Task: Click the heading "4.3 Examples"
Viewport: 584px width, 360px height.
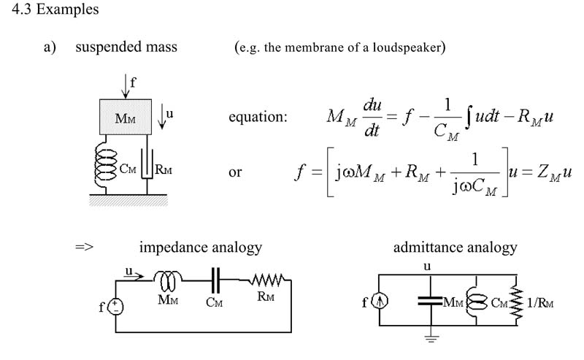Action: (x=55, y=9)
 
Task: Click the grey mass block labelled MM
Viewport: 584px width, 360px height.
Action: (x=126, y=117)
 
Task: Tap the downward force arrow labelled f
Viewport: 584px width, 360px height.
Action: (x=126, y=86)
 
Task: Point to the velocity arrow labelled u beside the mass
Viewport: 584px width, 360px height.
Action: (x=161, y=117)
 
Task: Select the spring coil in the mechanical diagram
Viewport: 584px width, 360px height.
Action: (x=105, y=166)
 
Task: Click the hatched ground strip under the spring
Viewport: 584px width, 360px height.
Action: (x=128, y=200)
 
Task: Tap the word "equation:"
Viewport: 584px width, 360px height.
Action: (x=258, y=117)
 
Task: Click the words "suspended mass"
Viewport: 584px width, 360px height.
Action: (x=126, y=47)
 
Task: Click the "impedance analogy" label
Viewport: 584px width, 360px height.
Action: (x=201, y=248)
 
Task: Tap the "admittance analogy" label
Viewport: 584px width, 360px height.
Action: (x=455, y=248)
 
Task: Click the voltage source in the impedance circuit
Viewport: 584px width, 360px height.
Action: (x=115, y=307)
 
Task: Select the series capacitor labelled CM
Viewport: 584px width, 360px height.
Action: (x=215, y=280)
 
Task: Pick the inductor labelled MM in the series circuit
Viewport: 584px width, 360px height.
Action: (x=168, y=281)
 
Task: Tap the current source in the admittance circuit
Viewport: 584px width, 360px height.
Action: (x=380, y=301)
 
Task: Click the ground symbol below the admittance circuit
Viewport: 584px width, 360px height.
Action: (x=431, y=338)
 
